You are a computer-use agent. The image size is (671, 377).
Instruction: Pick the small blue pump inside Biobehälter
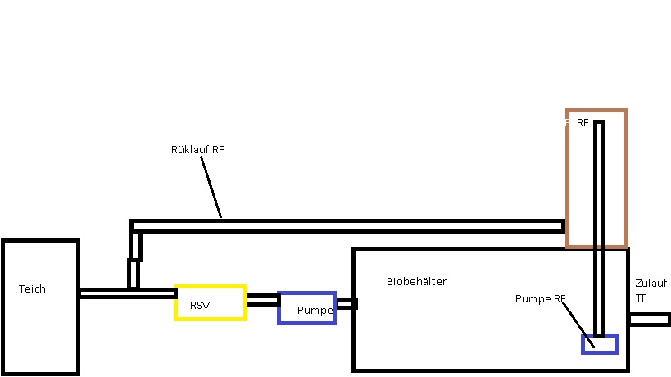(x=599, y=344)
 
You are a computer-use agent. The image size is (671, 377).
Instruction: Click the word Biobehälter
(x=416, y=282)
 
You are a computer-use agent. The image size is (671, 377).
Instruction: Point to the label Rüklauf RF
(x=197, y=150)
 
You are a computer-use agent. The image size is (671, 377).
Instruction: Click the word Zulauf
(x=651, y=284)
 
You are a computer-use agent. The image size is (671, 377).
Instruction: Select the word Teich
(x=32, y=289)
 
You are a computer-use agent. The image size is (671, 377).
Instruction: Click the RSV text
(x=200, y=306)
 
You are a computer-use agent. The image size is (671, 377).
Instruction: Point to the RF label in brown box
(x=583, y=123)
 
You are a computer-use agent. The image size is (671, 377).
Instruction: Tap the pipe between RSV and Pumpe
(x=262, y=300)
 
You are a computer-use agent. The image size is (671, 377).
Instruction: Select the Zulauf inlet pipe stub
(x=649, y=319)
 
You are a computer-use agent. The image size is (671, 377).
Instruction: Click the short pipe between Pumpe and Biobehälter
(x=345, y=304)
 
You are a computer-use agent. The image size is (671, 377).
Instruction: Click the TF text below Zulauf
(x=641, y=298)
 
